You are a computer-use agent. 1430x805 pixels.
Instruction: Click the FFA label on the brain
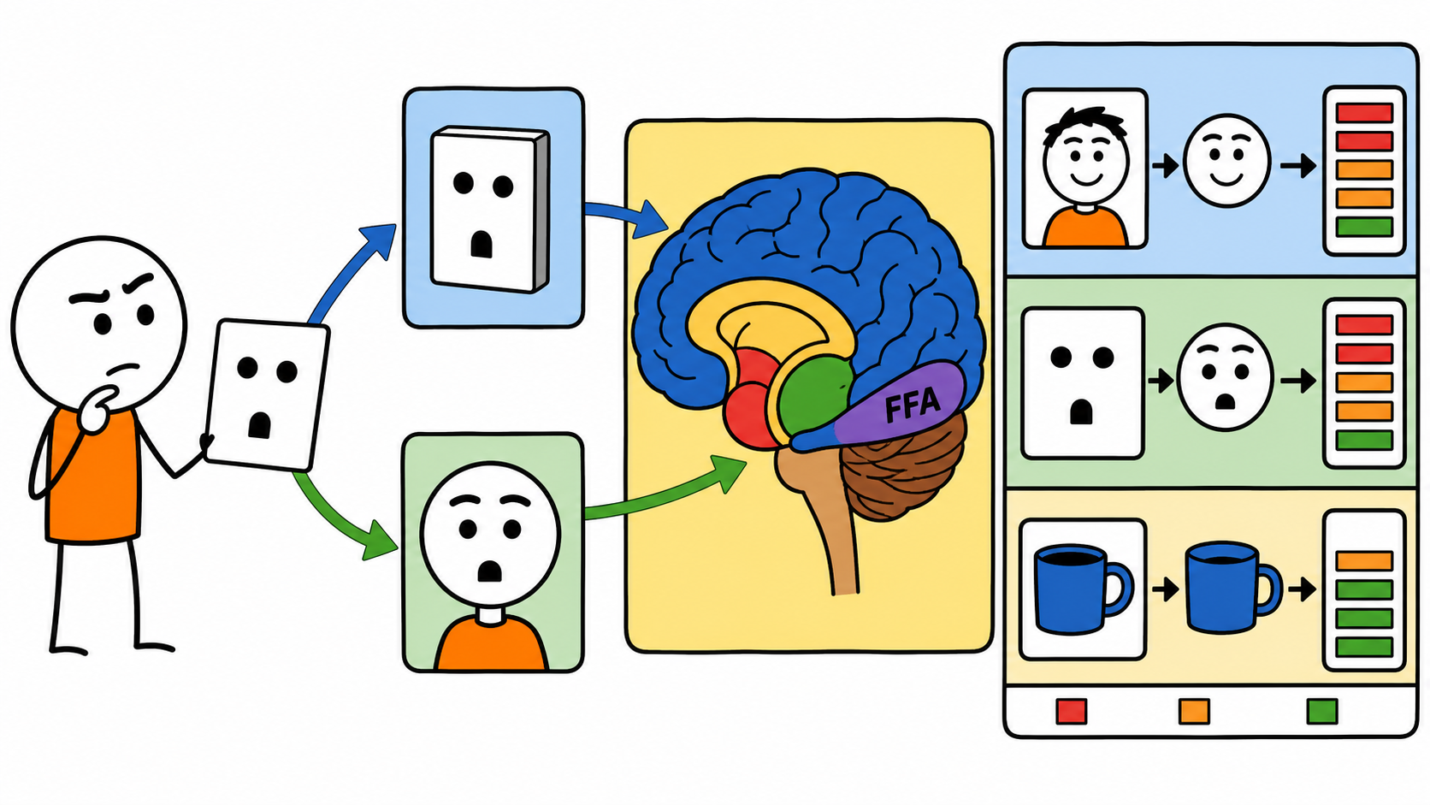pos(913,405)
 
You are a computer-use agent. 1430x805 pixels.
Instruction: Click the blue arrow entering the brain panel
pos(627,216)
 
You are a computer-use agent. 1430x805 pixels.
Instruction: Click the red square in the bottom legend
pos(1072,711)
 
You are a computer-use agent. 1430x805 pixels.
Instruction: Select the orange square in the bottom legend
pos(1194,711)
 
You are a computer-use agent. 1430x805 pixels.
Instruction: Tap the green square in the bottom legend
pos(1322,711)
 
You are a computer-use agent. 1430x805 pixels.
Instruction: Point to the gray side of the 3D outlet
pos(542,210)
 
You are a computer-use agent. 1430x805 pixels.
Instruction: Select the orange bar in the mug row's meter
pos(1364,561)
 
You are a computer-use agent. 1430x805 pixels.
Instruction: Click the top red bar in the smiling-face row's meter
pos(1364,113)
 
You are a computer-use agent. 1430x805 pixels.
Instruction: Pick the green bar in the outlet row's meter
pos(1364,440)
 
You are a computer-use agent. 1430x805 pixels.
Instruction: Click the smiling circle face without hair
pos(1227,161)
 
